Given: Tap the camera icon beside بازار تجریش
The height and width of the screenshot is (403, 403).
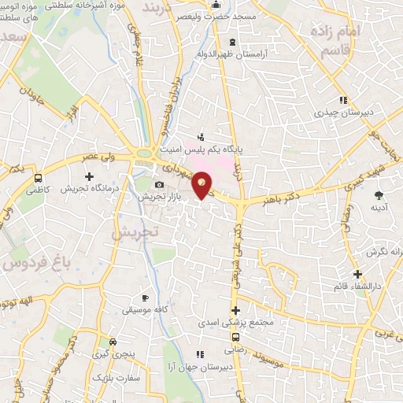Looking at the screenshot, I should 159,185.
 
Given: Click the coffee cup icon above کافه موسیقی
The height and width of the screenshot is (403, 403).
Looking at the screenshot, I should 145,298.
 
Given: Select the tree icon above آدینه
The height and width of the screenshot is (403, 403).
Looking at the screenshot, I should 379,194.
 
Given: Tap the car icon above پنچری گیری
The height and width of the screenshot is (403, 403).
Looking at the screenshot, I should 114,342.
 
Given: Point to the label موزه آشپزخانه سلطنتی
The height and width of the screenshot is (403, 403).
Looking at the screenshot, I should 98,7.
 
